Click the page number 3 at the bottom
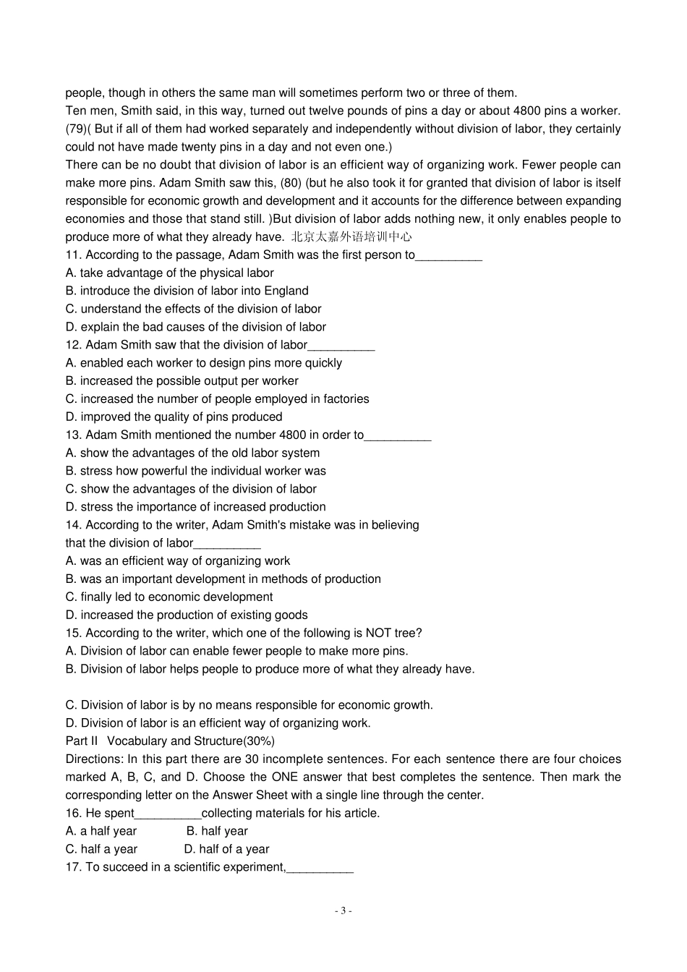pyautogui.click(x=343, y=911)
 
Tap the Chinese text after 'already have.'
pyautogui.click(x=351, y=237)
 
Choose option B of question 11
pyautogui.click(x=187, y=291)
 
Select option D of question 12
pyautogui.click(x=174, y=417)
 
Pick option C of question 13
pyautogui.click(x=191, y=489)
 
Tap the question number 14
pyautogui.click(x=74, y=525)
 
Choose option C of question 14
pyautogui.click(x=169, y=597)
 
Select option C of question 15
pyautogui.click(x=249, y=705)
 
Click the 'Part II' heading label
pyautogui.click(x=81, y=741)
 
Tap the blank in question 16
pyautogui.click(x=168, y=814)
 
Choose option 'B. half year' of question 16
pyautogui.click(x=217, y=832)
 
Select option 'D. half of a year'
pyautogui.click(x=226, y=850)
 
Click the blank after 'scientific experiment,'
pyautogui.click(x=320, y=868)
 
